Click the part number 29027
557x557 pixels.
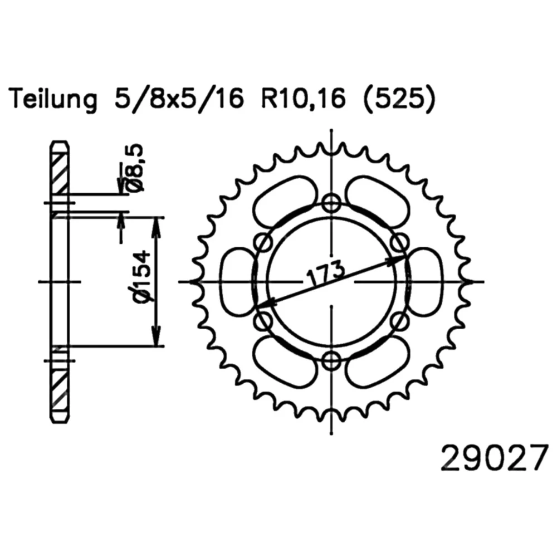point(494,459)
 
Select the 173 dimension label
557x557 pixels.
point(326,273)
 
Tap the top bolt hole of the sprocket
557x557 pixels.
point(331,204)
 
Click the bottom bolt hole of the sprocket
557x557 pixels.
point(331,360)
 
